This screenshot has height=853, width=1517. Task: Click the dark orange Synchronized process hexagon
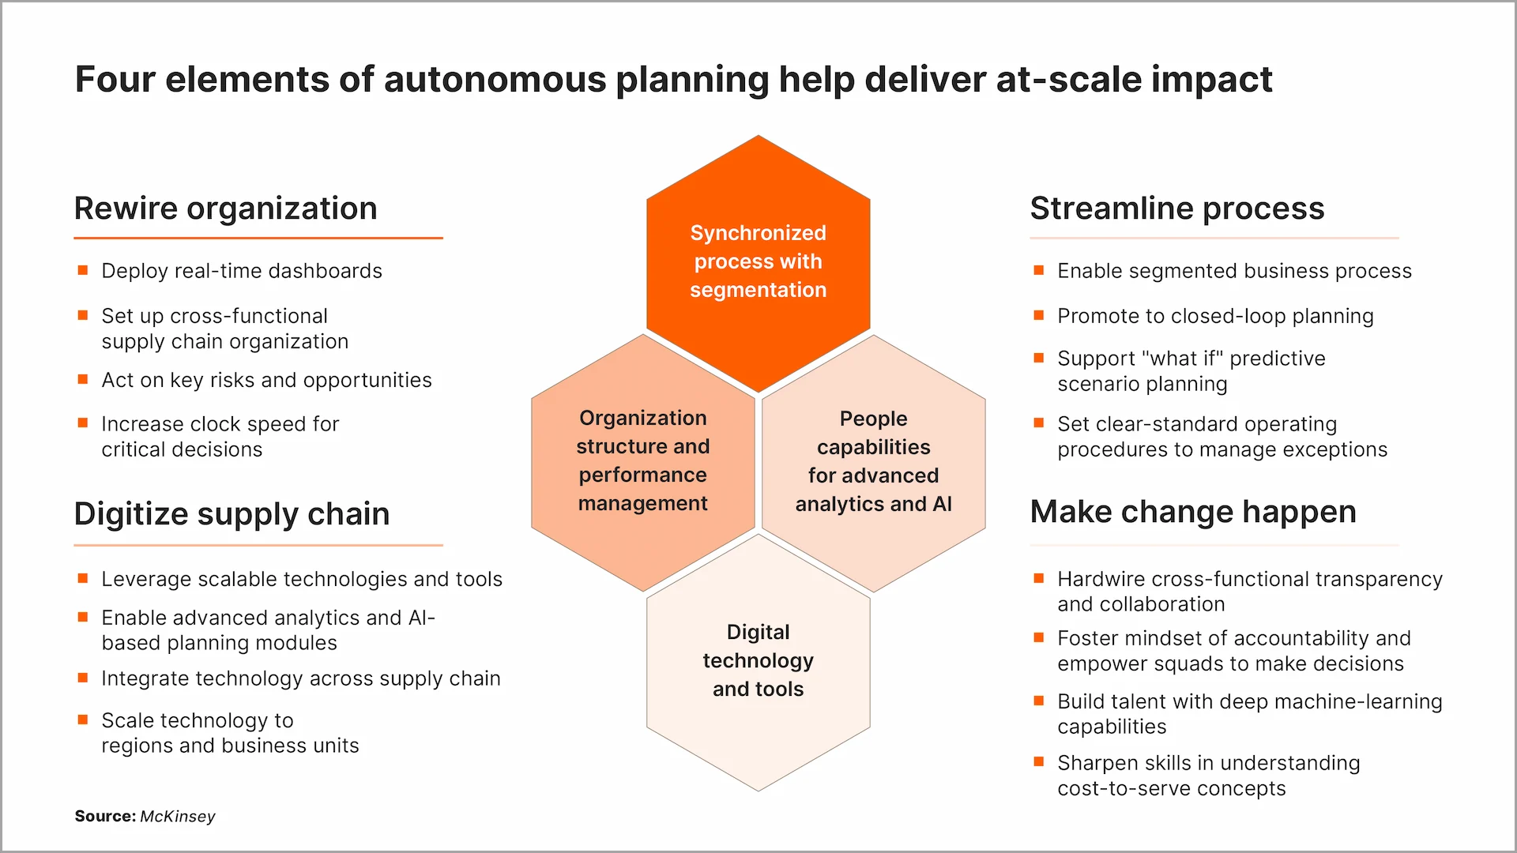(x=758, y=262)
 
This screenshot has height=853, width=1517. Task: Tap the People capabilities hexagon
(x=873, y=462)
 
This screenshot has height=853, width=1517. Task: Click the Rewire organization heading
(x=225, y=209)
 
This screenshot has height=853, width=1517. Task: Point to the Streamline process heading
(x=1176, y=209)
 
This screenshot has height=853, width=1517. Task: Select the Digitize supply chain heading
(x=232, y=514)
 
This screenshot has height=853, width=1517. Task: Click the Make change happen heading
(x=1192, y=512)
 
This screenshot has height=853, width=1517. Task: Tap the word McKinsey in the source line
(x=177, y=817)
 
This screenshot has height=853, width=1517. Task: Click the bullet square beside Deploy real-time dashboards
(x=83, y=270)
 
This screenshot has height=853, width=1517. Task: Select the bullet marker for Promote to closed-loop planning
(x=1039, y=315)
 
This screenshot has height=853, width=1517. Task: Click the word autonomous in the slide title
(x=496, y=80)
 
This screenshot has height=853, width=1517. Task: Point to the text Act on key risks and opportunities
(x=266, y=380)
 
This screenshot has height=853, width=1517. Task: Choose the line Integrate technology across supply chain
(x=300, y=678)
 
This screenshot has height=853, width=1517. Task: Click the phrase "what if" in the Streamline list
(x=1182, y=359)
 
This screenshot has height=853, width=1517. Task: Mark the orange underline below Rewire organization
(x=258, y=238)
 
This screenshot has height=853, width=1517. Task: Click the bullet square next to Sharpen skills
(x=1039, y=762)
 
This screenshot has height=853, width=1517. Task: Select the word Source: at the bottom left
(x=105, y=817)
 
